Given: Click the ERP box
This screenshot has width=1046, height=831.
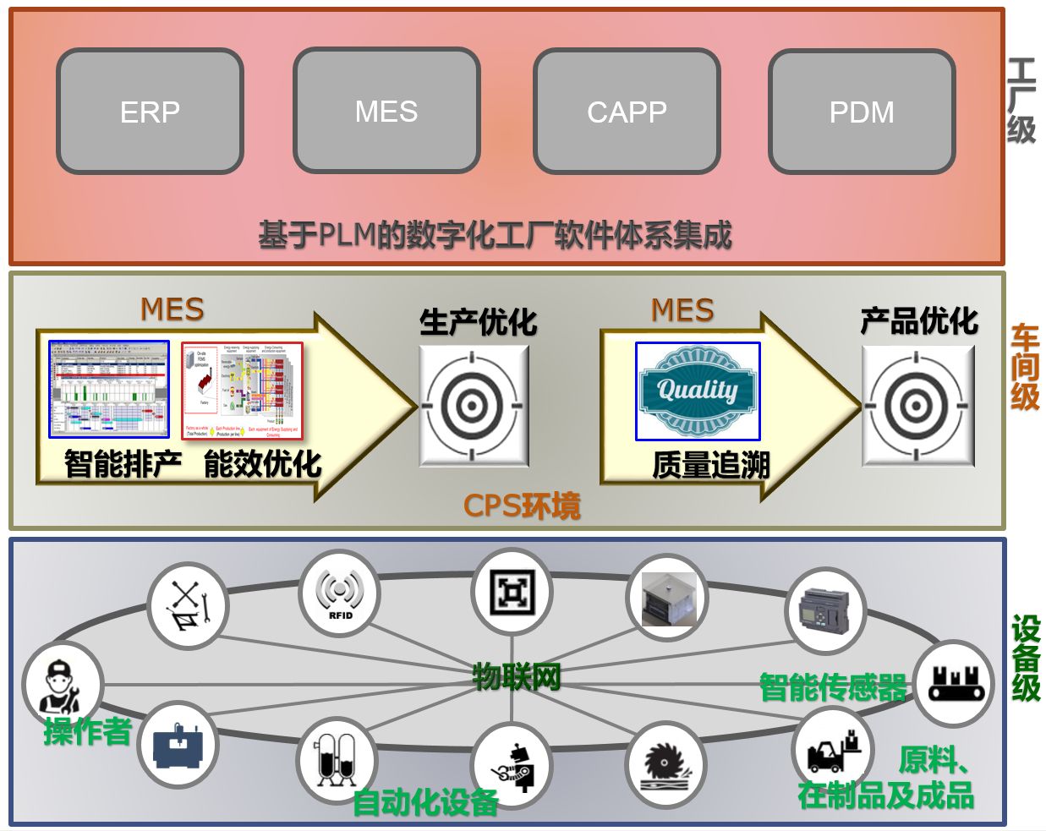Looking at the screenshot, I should pyautogui.click(x=150, y=112).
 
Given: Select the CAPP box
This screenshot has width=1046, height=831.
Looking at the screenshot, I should pyautogui.click(x=627, y=112).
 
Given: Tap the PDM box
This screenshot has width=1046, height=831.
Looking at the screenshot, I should pyautogui.click(x=862, y=112).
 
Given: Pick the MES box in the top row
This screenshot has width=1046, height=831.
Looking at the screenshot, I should pyautogui.click(x=386, y=111).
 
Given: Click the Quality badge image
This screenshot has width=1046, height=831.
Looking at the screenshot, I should pyautogui.click(x=698, y=391).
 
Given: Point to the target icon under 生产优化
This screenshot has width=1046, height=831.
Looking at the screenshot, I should pyautogui.click(x=474, y=406).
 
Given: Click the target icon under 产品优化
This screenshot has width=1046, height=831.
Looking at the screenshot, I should pyautogui.click(x=917, y=406).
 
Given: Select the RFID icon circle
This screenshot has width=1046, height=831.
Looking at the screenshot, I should pyautogui.click(x=340, y=593).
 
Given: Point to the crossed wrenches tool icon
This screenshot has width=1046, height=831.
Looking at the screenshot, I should pyautogui.click(x=187, y=606).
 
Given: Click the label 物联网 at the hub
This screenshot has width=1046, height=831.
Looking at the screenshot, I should pyautogui.click(x=516, y=676).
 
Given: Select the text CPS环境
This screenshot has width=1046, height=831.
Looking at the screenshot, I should pyautogui.click(x=522, y=506).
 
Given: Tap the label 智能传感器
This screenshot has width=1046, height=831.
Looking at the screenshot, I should pyautogui.click(x=833, y=687).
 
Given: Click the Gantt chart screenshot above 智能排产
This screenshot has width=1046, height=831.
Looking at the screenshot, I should pyautogui.click(x=109, y=389).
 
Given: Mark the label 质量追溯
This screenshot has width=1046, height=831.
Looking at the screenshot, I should pyautogui.click(x=711, y=465).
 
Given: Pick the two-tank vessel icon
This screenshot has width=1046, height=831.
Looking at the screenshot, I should pyautogui.click(x=336, y=758).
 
